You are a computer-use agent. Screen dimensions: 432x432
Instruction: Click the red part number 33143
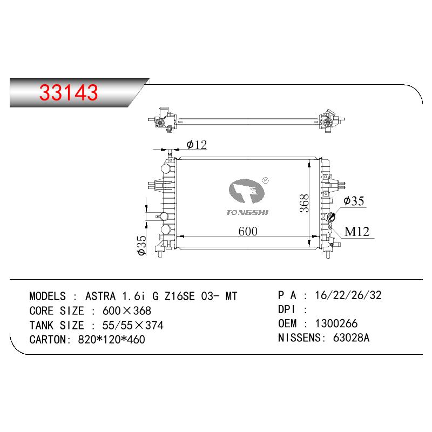tap(69, 92)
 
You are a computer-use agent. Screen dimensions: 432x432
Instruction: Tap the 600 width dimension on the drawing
tap(248, 231)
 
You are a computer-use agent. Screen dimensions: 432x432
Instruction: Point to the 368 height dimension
tap(305, 204)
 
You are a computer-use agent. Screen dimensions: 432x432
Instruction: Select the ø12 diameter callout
tap(197, 145)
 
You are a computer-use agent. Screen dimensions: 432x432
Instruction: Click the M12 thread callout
tap(357, 232)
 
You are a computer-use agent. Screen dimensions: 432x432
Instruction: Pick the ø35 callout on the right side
tap(354, 201)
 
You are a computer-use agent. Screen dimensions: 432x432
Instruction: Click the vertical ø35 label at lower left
tap(142, 246)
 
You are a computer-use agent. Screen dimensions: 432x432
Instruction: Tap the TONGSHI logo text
tap(247, 212)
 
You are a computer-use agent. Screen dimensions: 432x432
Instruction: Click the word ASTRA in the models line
tap(100, 296)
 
